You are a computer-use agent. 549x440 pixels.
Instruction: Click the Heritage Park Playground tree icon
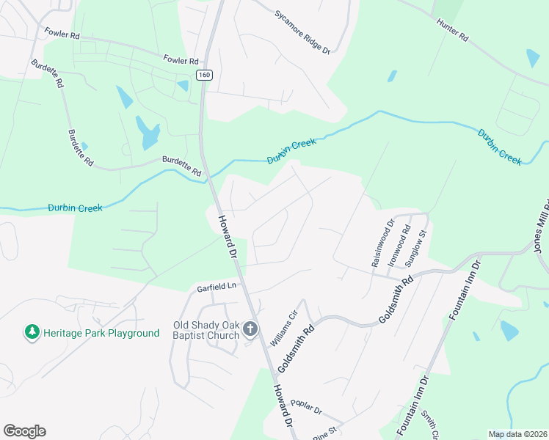[32, 332]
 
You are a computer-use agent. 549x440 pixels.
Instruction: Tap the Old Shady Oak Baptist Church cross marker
[250, 329]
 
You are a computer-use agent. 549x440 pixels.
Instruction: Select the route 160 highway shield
[204, 75]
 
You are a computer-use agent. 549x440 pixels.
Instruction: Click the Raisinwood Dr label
[379, 243]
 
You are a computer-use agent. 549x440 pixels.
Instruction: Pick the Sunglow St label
[416, 246]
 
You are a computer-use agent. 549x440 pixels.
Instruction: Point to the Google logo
[24, 431]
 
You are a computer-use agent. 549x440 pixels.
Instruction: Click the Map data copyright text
[517, 434]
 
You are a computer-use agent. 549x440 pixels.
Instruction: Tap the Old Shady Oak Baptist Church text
[206, 330]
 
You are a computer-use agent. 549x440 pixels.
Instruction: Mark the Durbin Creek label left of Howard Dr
[75, 208]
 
